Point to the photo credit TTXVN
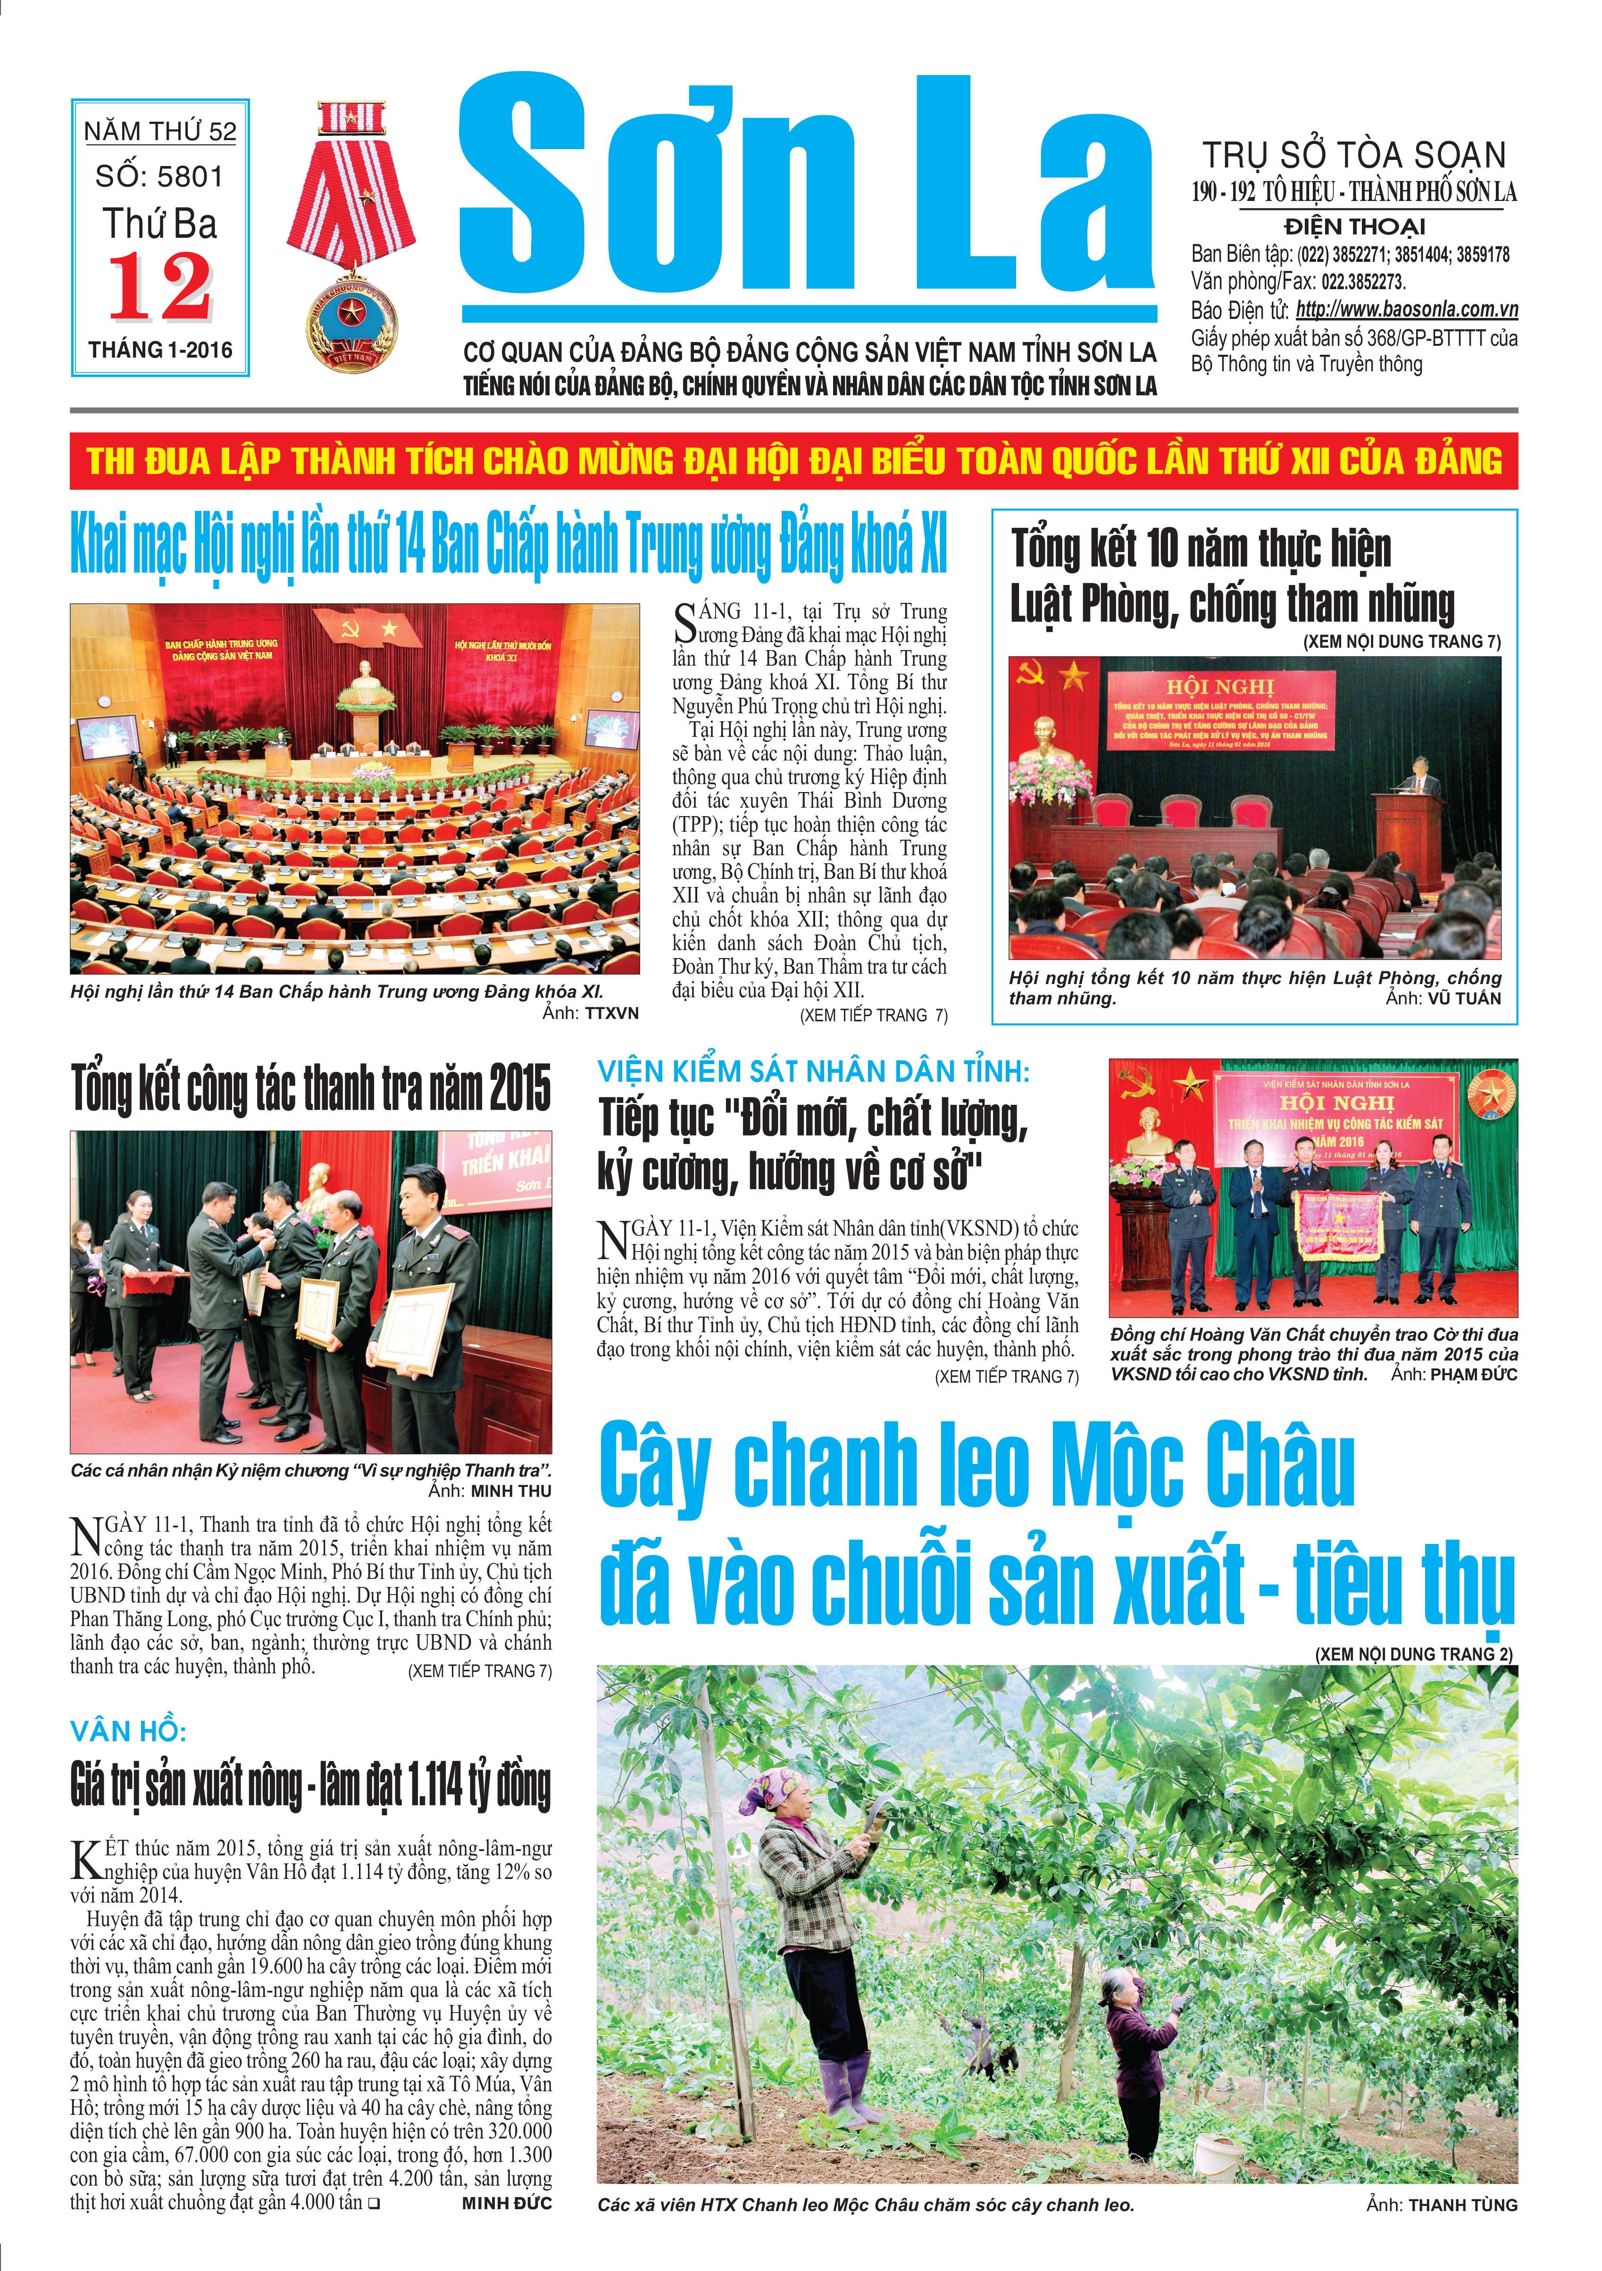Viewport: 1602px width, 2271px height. pyautogui.click(x=611, y=1013)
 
